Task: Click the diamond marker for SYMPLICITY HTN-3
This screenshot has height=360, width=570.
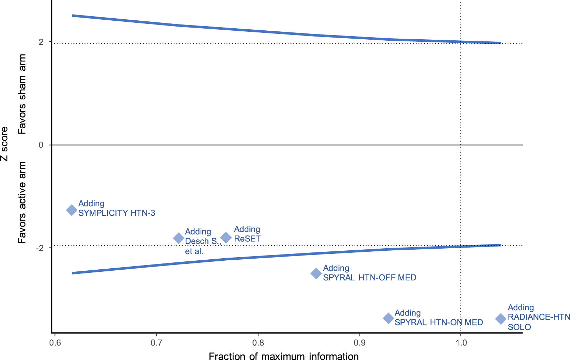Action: click(71, 210)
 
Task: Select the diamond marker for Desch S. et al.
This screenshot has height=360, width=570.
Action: click(179, 238)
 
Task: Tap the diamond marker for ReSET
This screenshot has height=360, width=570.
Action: click(226, 237)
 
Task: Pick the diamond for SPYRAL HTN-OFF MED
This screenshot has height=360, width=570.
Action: click(316, 273)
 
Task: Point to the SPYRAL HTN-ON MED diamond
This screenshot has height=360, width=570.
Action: click(388, 318)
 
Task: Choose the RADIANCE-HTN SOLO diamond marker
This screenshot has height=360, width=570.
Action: click(501, 319)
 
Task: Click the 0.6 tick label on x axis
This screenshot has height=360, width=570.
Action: click(55, 342)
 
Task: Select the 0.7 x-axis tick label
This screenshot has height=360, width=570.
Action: click(156, 342)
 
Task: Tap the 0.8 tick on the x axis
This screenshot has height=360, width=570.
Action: click(258, 342)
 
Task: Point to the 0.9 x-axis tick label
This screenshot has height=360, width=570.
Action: click(360, 342)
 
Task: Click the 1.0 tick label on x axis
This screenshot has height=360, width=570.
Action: click(461, 342)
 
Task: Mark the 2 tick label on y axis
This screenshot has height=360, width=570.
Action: click(41, 42)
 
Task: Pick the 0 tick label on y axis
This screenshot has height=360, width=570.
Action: click(41, 145)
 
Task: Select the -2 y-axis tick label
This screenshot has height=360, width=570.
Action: click(40, 248)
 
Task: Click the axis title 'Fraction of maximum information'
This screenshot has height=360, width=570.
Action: click(284, 356)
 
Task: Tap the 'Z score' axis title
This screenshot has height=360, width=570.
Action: click(4, 144)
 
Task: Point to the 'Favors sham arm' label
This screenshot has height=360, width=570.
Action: click(22, 94)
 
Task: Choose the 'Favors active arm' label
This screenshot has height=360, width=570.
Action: click(22, 202)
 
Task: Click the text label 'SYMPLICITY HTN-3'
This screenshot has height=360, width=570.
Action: click(117, 213)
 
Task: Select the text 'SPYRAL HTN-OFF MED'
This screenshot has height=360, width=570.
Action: click(369, 278)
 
